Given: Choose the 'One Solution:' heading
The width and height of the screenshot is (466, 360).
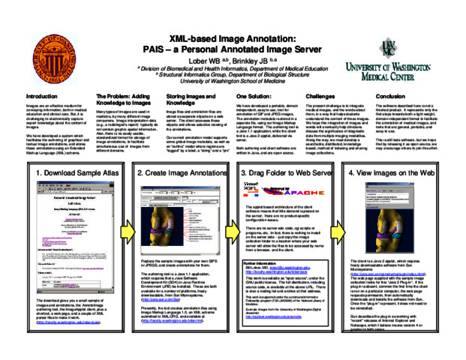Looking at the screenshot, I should [254, 97].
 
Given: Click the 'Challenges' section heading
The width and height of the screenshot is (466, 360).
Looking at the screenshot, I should [321, 97].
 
